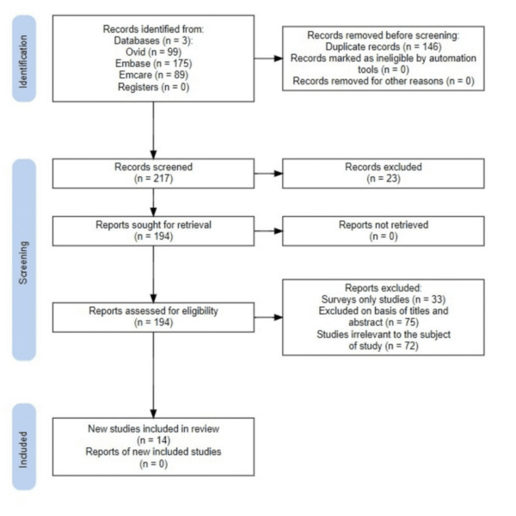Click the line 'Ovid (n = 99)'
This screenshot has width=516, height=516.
tap(153, 52)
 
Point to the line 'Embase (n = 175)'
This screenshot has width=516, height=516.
tap(153, 64)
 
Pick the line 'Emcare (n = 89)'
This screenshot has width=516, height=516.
tap(153, 74)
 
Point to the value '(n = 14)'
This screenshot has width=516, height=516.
tap(153, 439)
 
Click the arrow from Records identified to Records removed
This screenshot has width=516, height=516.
tap(267, 58)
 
